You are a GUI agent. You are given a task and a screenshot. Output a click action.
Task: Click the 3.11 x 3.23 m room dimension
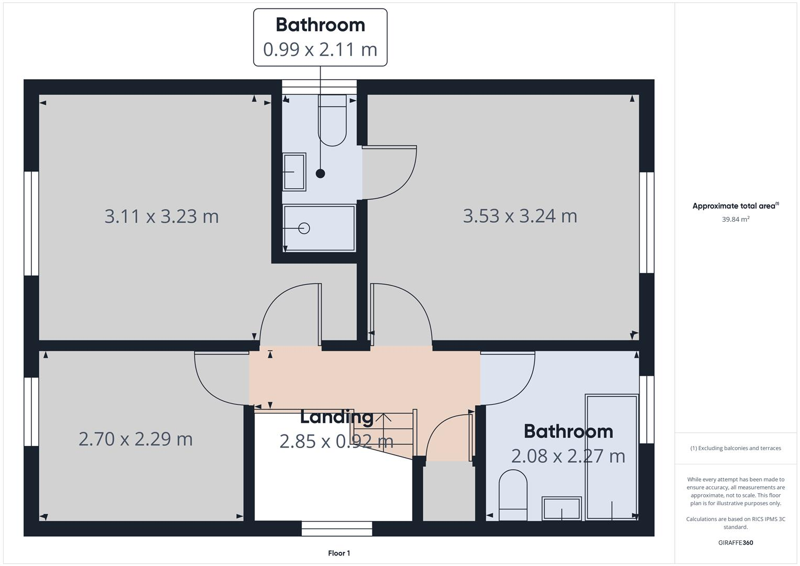[x=161, y=216]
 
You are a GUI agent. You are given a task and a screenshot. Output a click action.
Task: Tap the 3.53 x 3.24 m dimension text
[x=520, y=216]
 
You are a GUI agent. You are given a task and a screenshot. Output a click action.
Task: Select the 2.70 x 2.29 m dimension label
[x=135, y=439]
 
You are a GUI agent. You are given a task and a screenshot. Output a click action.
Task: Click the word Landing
[x=336, y=417]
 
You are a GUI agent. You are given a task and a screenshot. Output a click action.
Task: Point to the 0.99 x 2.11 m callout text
[x=320, y=49]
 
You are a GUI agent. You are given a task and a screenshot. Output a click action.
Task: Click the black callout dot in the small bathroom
[x=320, y=173]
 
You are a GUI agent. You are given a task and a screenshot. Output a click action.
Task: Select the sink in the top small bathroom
[x=294, y=171]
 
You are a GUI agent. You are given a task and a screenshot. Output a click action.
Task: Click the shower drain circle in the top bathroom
[x=304, y=228]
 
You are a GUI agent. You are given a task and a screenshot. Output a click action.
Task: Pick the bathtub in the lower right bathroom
[x=611, y=457]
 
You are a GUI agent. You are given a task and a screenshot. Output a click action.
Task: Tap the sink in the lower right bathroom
[x=562, y=508]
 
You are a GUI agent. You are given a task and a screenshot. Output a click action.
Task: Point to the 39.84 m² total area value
[x=736, y=219]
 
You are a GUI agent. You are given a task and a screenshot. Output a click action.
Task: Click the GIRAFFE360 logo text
[x=736, y=542]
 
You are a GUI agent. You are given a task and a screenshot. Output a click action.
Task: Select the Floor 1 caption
[x=339, y=553]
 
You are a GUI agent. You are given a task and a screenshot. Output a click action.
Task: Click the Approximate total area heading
[x=735, y=206]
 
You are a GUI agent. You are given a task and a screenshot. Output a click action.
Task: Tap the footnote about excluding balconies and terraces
[x=736, y=448]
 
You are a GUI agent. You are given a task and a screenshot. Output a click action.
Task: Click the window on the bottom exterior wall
[x=337, y=528]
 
